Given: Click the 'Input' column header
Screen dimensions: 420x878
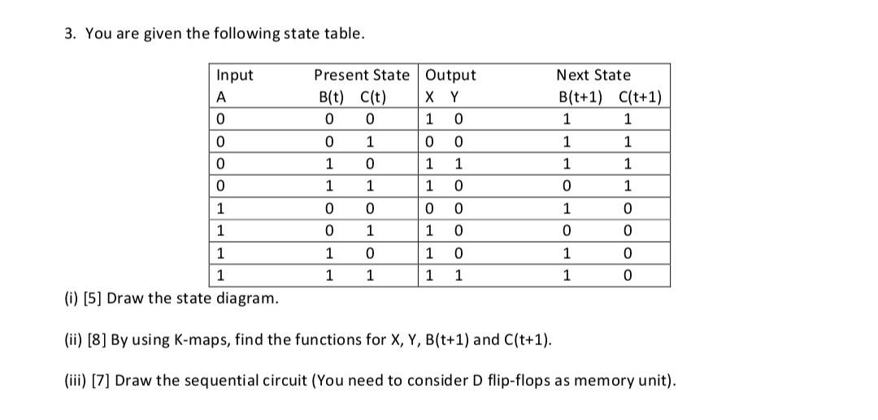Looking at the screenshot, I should pos(235,75).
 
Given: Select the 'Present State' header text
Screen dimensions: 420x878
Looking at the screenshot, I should pos(362,75).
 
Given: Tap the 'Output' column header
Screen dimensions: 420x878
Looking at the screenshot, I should pos(451,75).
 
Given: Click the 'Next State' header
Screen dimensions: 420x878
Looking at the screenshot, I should pos(593,75).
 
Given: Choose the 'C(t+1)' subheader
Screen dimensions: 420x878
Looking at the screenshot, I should pos(640,98).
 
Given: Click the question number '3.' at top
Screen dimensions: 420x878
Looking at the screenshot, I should pos(70,33).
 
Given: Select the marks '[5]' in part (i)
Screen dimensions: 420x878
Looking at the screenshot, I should pos(90,297).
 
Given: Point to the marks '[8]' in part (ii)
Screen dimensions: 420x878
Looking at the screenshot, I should pos(96,339).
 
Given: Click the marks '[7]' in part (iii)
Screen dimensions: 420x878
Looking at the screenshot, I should pos(101,380).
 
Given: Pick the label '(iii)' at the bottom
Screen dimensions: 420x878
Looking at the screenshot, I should pos(74,380).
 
